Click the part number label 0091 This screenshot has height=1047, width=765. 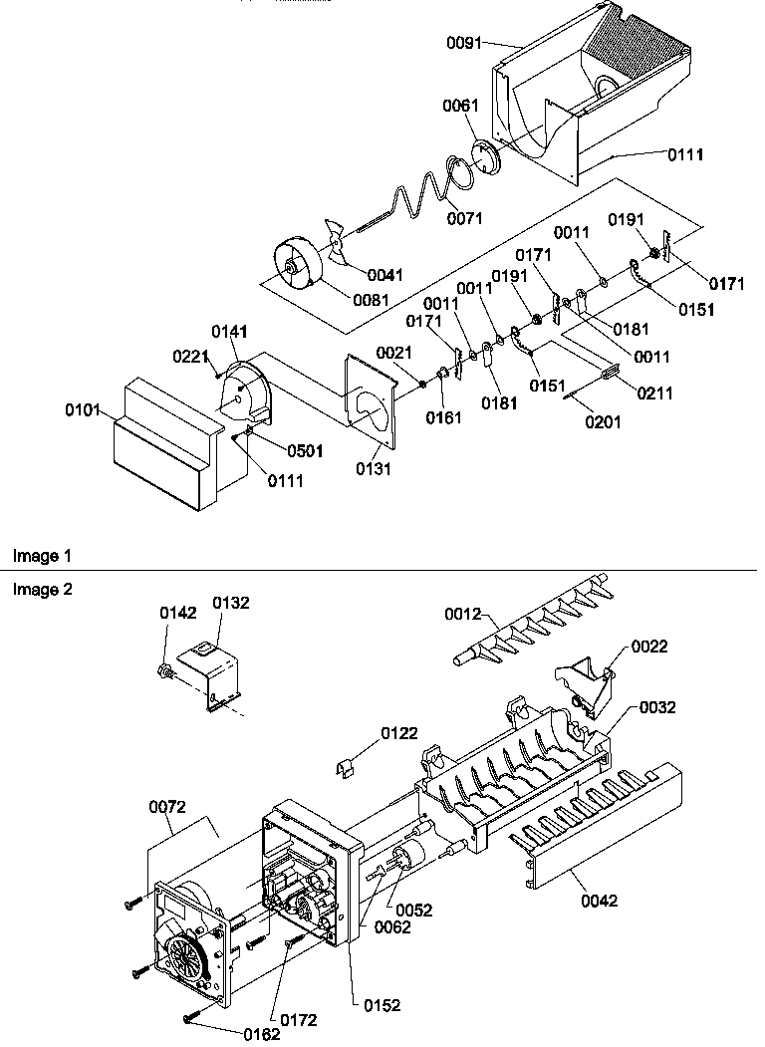point(465,43)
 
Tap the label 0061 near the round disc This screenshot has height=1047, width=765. point(461,105)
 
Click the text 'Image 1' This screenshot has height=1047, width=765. point(42,554)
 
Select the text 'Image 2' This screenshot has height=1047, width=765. point(42,589)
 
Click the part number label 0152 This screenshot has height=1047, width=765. point(382,1005)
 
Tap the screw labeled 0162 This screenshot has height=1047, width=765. point(190,1016)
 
